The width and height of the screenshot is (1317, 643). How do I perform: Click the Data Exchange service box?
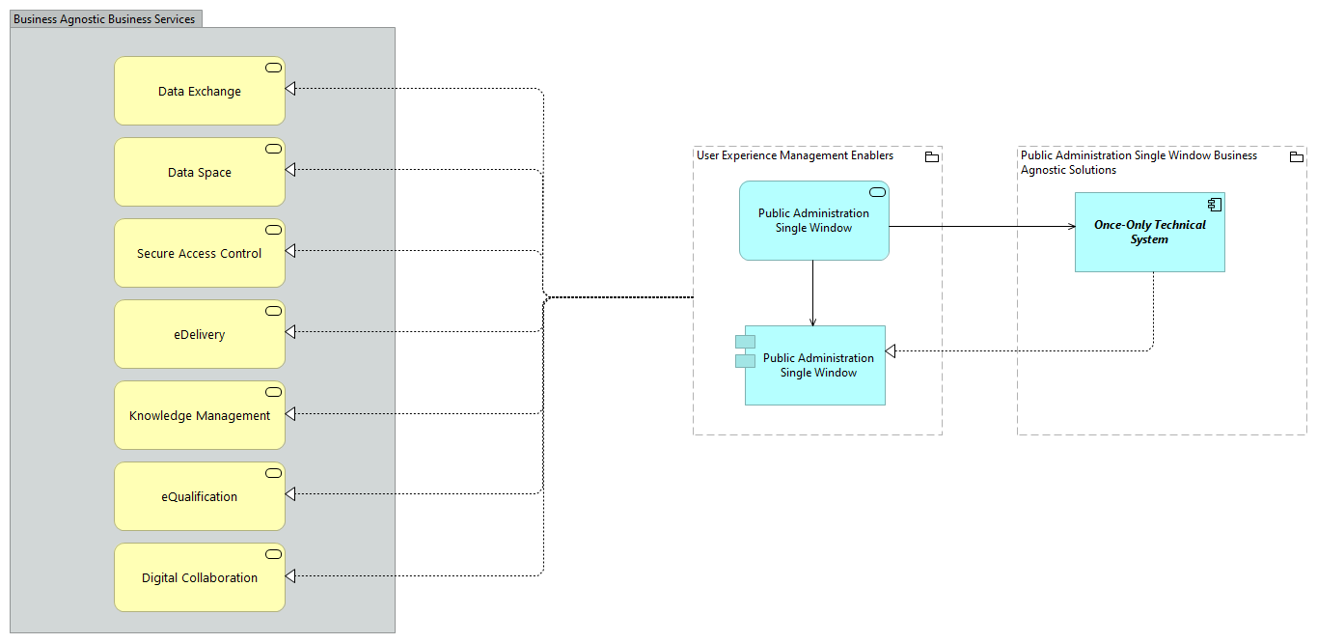coord(200,91)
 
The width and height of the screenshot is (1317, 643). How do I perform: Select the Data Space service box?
coord(200,172)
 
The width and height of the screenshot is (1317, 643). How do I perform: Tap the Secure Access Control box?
coord(200,253)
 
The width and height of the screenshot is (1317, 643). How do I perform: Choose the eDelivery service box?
coord(200,334)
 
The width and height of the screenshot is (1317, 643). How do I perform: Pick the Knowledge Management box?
coord(200,415)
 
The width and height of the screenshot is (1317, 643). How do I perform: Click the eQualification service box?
coord(200,496)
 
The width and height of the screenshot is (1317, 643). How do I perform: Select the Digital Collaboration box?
coord(200,577)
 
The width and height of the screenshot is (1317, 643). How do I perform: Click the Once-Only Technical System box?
coord(1149,232)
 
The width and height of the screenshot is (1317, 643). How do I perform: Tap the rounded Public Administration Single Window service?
coord(813,220)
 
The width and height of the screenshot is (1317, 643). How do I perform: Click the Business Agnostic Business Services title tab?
coord(104,19)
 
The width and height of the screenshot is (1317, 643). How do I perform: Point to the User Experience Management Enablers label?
coord(795,155)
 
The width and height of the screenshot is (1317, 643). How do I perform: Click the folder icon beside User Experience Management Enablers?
coord(931,157)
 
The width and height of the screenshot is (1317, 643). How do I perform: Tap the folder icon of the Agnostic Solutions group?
coord(1296,157)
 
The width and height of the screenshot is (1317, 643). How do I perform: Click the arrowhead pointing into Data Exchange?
coord(291,89)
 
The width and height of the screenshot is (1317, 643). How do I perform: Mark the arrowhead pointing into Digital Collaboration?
coord(291,575)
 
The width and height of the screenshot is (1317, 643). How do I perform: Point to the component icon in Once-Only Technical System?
coord(1215,204)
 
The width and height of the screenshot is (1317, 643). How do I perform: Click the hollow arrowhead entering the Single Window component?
coord(892,350)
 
